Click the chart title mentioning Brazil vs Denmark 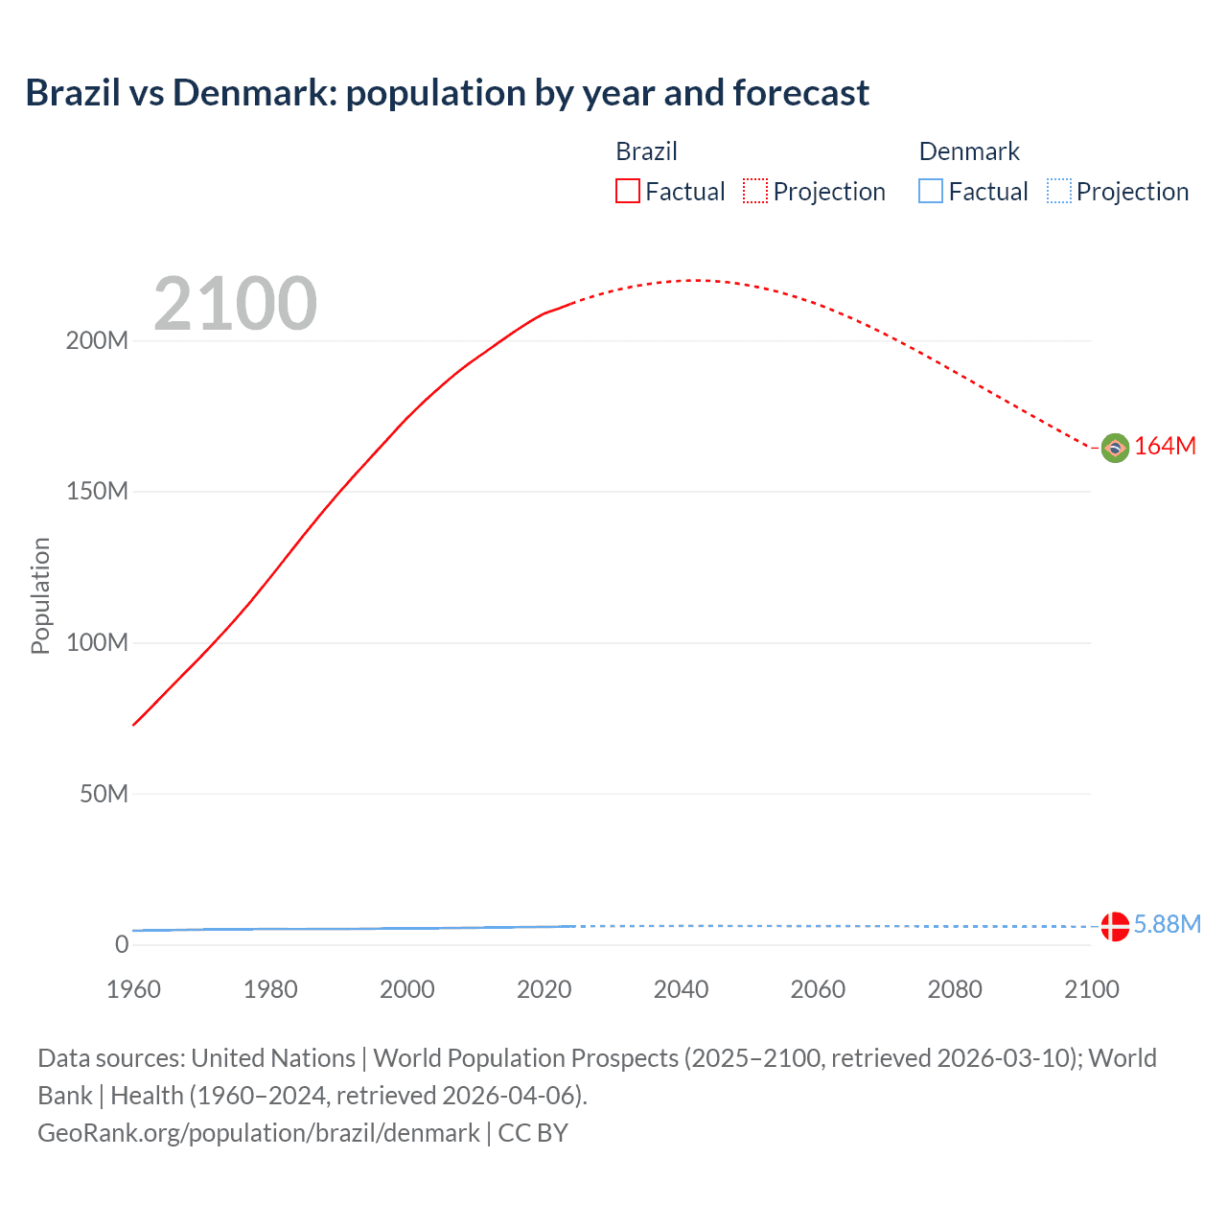pyautogui.click(x=447, y=93)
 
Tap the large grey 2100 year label pyautogui.click(x=235, y=304)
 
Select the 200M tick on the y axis pyautogui.click(x=97, y=341)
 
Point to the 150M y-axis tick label pyautogui.click(x=97, y=492)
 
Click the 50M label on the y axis pyautogui.click(x=104, y=794)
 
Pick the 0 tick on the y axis pyautogui.click(x=122, y=944)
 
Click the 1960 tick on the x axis pyautogui.click(x=133, y=989)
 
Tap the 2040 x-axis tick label pyautogui.click(x=681, y=989)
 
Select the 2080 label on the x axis pyautogui.click(x=955, y=989)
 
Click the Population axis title pyautogui.click(x=40, y=595)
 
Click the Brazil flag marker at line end pyautogui.click(x=1115, y=448)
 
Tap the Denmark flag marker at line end pyautogui.click(x=1115, y=926)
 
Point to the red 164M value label pyautogui.click(x=1165, y=447)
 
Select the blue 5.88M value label pyautogui.click(x=1167, y=924)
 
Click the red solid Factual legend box pyautogui.click(x=628, y=191)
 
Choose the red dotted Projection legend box pyautogui.click(x=755, y=191)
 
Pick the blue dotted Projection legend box pyautogui.click(x=1058, y=191)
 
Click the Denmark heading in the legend pyautogui.click(x=969, y=151)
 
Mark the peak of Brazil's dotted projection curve pyautogui.click(x=696, y=280)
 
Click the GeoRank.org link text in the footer pyautogui.click(x=259, y=1133)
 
